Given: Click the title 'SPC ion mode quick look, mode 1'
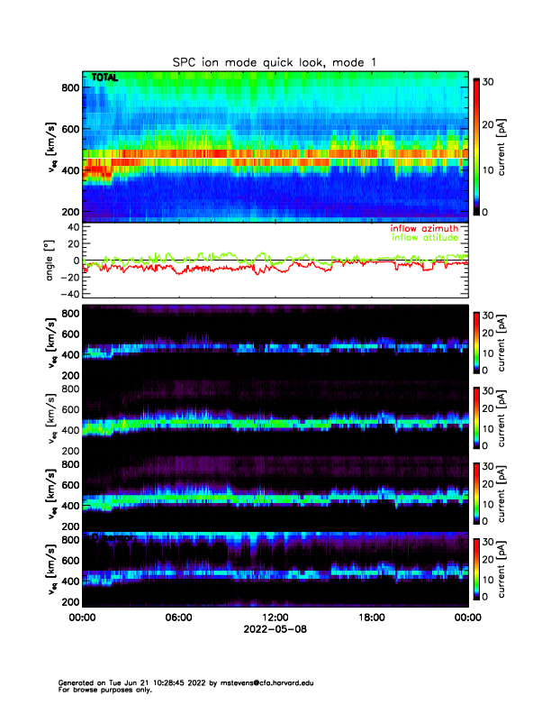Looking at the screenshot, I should (275, 61).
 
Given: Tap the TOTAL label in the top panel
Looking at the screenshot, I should (104, 78).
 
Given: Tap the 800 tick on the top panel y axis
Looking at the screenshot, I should (70, 87).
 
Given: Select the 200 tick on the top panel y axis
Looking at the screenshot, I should (70, 212).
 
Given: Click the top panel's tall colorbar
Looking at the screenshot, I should (478, 145).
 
